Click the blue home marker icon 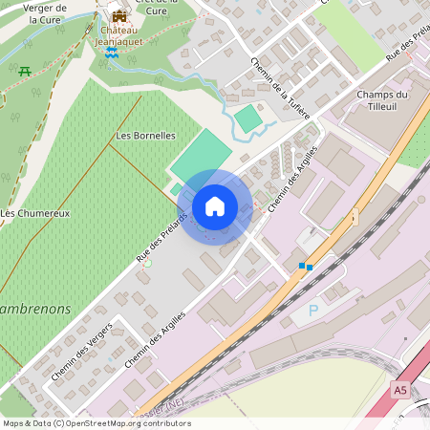pos(215,206)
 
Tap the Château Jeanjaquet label pos(119,34)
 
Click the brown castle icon pos(119,15)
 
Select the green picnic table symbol pos(25,71)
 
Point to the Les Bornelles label pos(145,136)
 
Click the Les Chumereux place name pos(35,212)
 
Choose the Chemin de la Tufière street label pos(281,89)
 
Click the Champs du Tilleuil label pos(382,100)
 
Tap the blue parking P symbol pos(312,310)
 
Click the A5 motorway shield pos(399,390)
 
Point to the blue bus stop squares pos(306,266)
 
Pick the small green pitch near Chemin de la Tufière pos(247,118)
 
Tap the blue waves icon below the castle pos(112,54)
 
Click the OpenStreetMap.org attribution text pos(124,422)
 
